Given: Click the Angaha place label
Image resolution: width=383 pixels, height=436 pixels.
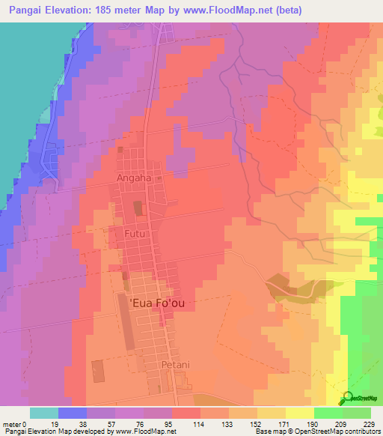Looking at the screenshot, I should pyautogui.click(x=134, y=178).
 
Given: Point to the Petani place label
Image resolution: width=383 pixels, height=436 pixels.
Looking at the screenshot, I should pyautogui.click(x=178, y=365).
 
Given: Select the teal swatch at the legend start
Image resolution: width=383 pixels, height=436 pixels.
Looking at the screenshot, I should pyautogui.click(x=43, y=413).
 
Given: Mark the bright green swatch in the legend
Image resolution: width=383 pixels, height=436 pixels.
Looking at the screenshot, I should pyautogui.click(x=328, y=413).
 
